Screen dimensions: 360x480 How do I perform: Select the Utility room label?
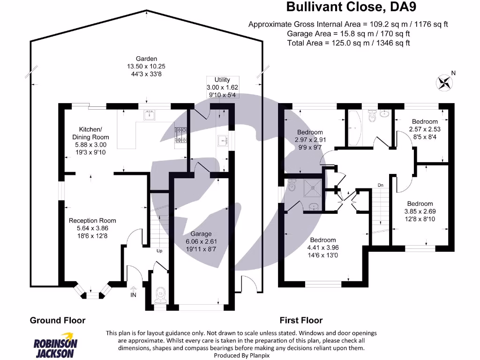tap(222, 80)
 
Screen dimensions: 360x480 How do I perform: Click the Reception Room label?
tap(92, 220)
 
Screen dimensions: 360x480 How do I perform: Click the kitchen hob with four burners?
tap(180, 135)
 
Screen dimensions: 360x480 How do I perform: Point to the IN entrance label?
tap(134, 295)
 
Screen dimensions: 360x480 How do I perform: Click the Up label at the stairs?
tap(159, 251)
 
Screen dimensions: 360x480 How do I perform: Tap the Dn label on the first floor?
tap(381, 185)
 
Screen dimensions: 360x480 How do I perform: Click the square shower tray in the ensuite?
tap(310, 188)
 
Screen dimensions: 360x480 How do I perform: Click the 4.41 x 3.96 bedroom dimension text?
tap(322, 247)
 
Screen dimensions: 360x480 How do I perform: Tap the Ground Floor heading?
tap(58, 320)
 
